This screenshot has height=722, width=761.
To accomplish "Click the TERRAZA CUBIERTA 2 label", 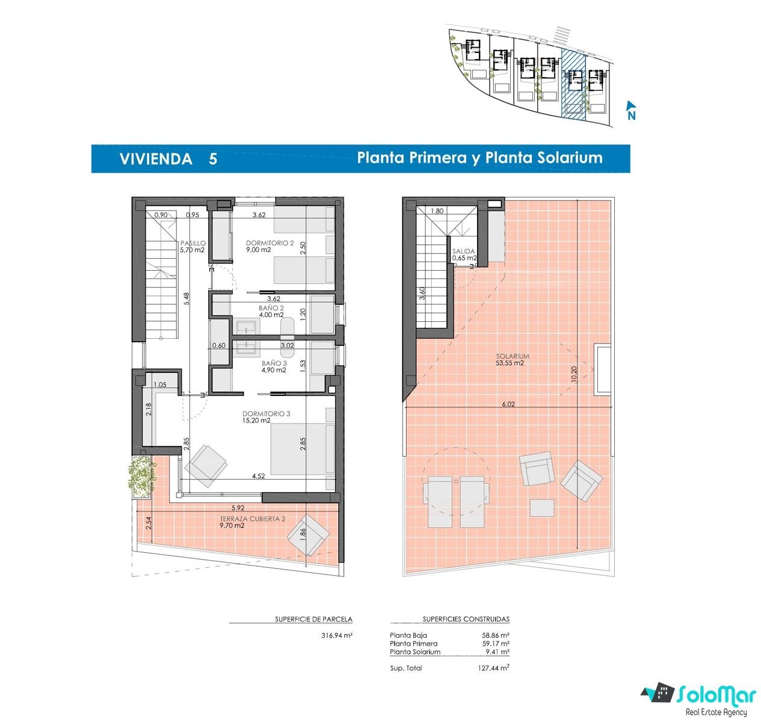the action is [253, 519].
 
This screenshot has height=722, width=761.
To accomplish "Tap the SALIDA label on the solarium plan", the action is [463, 251].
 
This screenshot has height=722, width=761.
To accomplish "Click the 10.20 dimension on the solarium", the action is [574, 374].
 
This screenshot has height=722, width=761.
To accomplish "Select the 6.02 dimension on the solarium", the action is [508, 404].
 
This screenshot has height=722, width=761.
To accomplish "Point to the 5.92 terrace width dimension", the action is [238, 508].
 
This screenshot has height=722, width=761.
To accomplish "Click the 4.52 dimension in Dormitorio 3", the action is [258, 476].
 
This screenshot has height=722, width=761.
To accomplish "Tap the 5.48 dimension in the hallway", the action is [186, 298].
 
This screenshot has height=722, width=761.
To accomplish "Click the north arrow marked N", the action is [631, 110].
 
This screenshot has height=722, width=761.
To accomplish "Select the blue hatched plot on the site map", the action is [573, 84].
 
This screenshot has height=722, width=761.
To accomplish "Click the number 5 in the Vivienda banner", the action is [212, 159].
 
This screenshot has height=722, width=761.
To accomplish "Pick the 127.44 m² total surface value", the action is [493, 667].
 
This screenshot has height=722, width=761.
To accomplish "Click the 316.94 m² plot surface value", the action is [336, 635].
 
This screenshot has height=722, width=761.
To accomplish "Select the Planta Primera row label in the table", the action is [413, 643].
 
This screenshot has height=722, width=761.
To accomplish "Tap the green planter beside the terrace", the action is [141, 477].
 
